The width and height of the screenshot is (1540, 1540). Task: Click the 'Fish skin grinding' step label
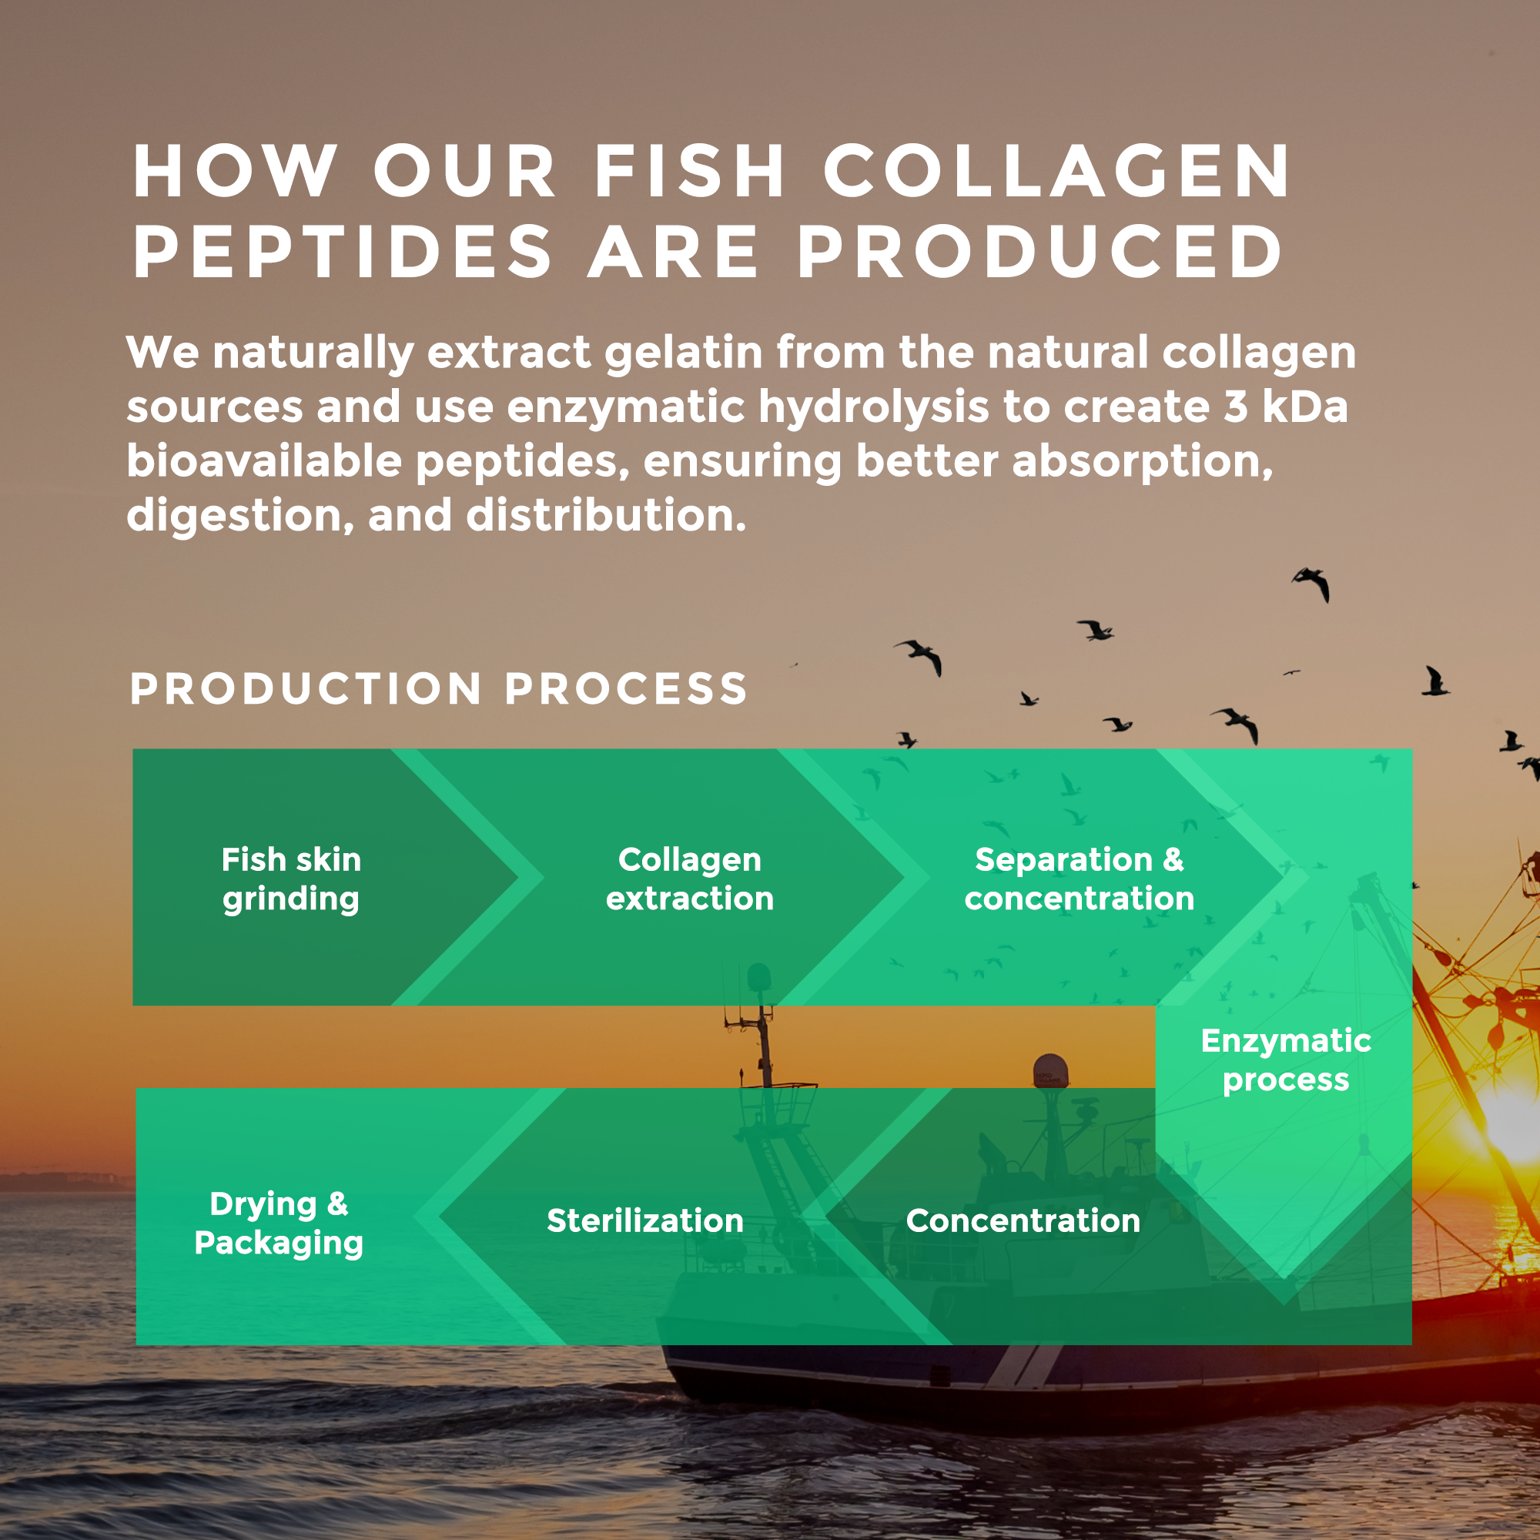click(x=291, y=879)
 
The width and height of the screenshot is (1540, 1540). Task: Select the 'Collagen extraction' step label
click(x=689, y=879)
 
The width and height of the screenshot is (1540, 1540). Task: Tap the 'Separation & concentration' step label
click(x=1079, y=879)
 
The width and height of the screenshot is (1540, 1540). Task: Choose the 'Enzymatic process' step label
click(x=1285, y=1060)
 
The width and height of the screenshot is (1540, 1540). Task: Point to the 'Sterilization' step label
click(x=644, y=1220)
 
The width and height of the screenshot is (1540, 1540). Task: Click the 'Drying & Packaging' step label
click(x=278, y=1223)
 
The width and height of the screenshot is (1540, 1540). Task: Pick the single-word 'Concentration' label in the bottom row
click(x=1023, y=1220)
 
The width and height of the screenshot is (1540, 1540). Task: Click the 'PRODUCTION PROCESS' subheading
click(x=438, y=688)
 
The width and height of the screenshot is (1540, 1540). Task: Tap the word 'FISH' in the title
click(x=690, y=172)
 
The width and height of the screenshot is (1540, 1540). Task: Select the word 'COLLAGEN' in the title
click(x=1056, y=172)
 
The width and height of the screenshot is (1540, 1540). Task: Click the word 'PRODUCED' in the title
click(x=1040, y=252)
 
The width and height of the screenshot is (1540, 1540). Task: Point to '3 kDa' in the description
click(x=1285, y=407)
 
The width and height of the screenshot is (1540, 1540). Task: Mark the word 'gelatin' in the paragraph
click(x=684, y=353)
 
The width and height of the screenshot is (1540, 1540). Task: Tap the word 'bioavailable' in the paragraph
click(x=264, y=460)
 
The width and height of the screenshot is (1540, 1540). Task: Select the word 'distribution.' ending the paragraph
click(x=606, y=515)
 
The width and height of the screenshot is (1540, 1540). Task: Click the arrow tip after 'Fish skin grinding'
click(x=518, y=879)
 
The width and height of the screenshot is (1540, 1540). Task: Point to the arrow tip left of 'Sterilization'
click(x=440, y=1217)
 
